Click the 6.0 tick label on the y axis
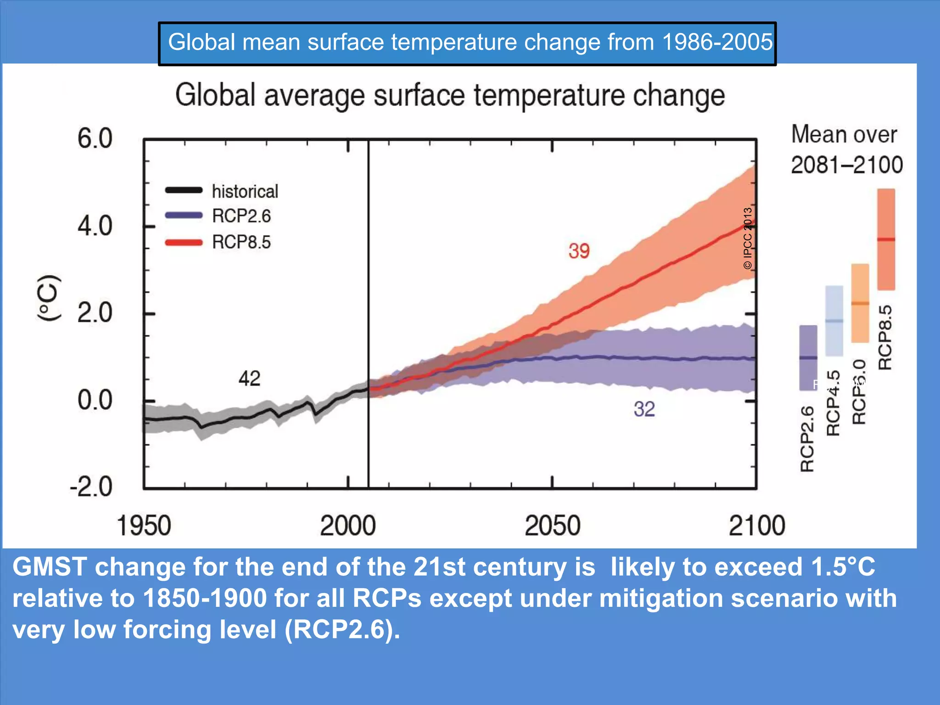pos(95,138)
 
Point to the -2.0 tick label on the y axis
pos(91,487)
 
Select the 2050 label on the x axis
pos(552,526)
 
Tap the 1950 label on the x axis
pos(144,526)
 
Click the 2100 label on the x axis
pos(757,526)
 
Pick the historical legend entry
pos(245,191)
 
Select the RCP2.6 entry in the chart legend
pos(241,216)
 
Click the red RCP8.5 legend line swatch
pos(184,242)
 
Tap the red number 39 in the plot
pos(579,251)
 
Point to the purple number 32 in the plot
pos(644,409)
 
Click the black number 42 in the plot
pos(249,379)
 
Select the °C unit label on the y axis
pos(49,298)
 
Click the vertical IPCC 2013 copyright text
pos(748,238)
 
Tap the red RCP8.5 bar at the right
pos(886,239)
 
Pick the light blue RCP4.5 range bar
pos(834,320)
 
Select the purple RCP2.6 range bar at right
pos(808,358)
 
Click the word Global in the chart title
pos(215,95)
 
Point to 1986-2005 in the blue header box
pos(717,42)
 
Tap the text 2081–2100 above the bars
pos(847,165)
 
